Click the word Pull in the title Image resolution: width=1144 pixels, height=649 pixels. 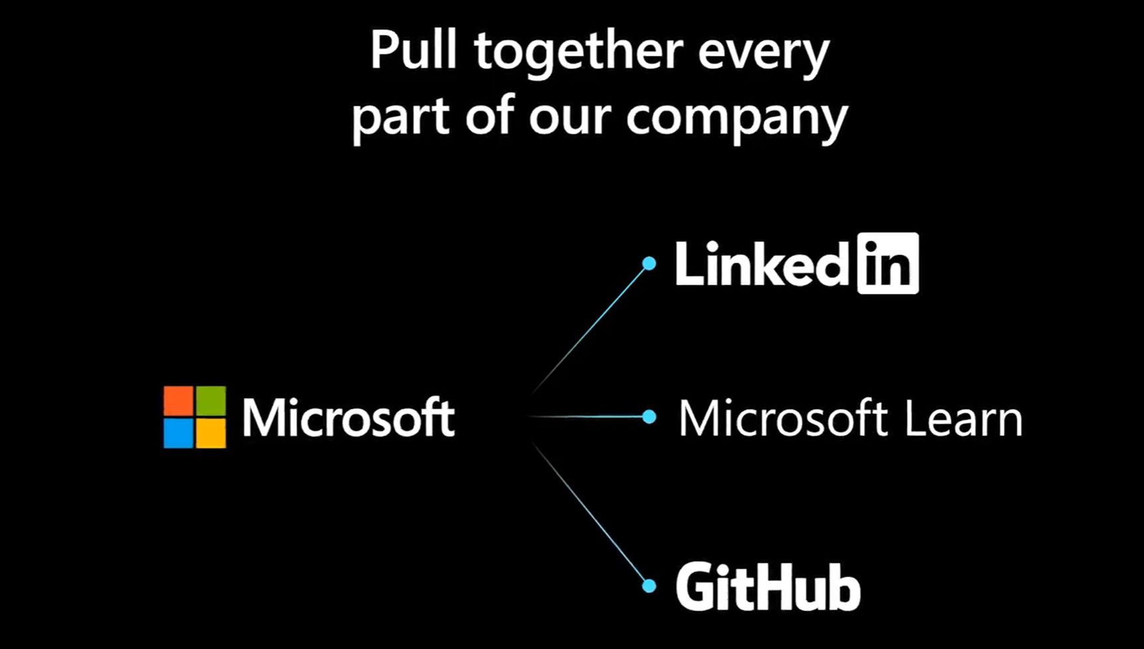[413, 51]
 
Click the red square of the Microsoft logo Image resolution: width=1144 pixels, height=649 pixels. [178, 401]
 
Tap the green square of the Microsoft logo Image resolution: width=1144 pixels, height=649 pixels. [211, 401]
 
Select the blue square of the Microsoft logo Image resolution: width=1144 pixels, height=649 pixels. [178, 433]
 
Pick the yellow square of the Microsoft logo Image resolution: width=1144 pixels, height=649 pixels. [211, 433]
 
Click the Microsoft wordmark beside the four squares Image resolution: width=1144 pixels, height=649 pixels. [348, 418]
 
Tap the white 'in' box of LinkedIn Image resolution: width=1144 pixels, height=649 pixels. [888, 263]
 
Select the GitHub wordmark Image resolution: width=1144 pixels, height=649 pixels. [768, 586]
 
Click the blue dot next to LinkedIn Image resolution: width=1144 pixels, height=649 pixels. [649, 263]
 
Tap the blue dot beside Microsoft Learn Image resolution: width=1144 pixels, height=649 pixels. [649, 417]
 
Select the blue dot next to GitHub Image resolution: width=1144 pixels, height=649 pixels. [649, 586]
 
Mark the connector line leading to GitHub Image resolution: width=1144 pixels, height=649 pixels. [592, 516]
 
